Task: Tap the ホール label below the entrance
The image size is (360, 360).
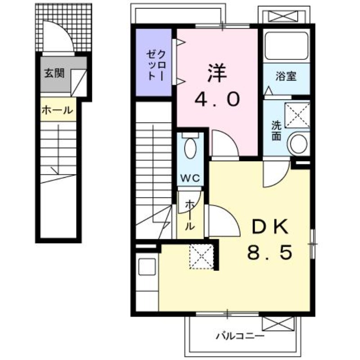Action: click(x=58, y=110)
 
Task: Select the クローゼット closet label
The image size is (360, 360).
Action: click(x=156, y=65)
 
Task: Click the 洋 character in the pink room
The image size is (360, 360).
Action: click(x=217, y=73)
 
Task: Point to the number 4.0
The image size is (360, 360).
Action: click(x=217, y=99)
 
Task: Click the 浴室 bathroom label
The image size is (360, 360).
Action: click(x=286, y=76)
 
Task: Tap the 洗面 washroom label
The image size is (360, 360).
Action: click(x=276, y=130)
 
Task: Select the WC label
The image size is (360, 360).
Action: click(x=190, y=178)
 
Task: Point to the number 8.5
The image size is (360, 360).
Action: click(x=270, y=252)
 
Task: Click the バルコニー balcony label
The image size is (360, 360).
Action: click(x=240, y=337)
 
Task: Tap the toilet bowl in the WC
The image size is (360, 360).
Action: click(x=190, y=148)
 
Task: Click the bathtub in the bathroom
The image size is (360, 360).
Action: click(x=286, y=45)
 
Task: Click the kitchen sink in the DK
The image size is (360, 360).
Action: click(x=147, y=267)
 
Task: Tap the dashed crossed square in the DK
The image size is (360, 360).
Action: click(x=201, y=256)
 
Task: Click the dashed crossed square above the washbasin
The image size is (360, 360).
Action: click(x=297, y=115)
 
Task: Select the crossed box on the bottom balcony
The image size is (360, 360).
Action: click(x=278, y=324)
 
